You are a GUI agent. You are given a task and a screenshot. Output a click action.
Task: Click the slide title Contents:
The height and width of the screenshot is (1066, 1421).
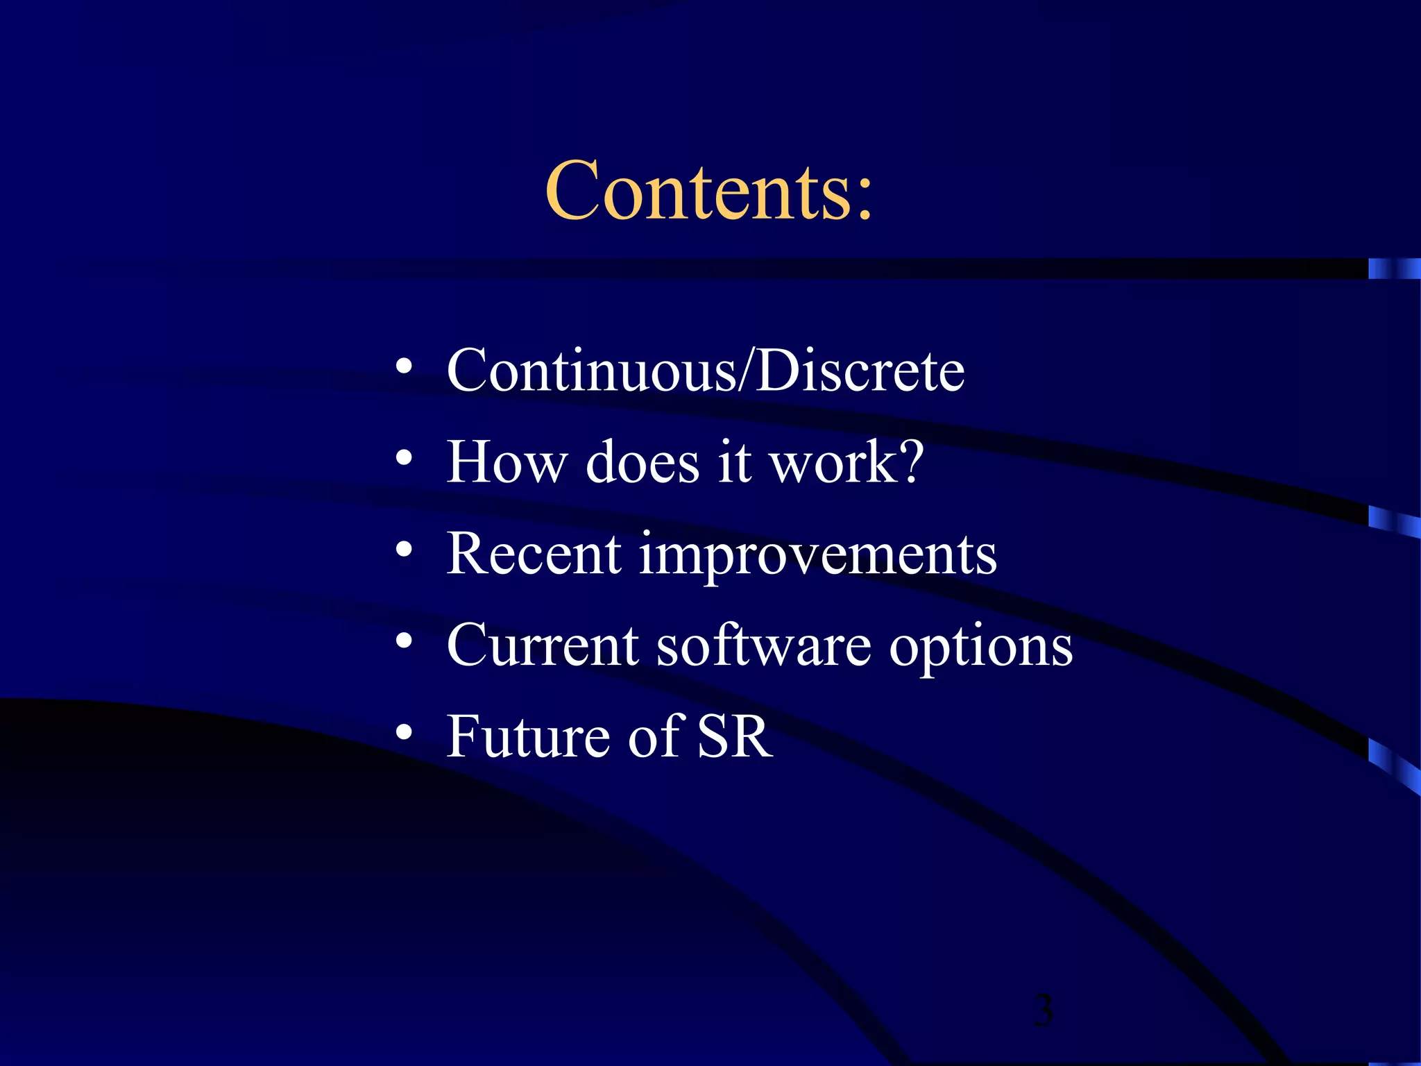click(708, 191)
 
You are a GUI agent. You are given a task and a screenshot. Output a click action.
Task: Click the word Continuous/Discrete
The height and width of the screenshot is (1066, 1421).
click(706, 370)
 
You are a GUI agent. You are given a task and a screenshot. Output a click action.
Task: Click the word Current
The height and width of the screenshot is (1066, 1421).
click(543, 645)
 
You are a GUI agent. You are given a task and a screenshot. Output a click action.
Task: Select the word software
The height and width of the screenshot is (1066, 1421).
click(764, 645)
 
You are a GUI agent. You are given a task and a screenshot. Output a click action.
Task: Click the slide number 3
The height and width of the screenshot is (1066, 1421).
click(1043, 1010)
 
